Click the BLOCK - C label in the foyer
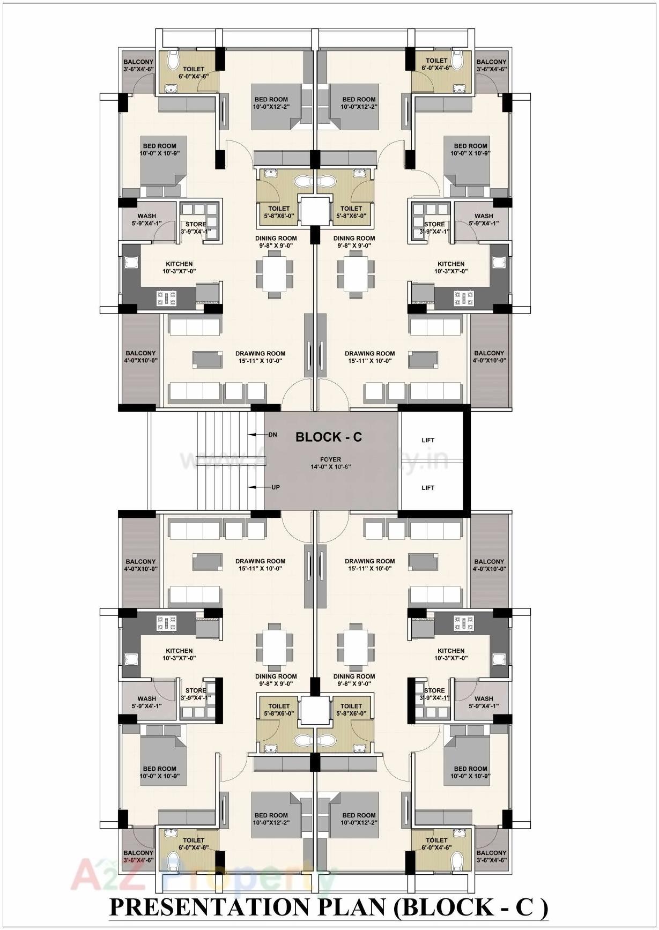click(x=328, y=437)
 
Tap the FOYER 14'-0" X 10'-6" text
click(x=330, y=463)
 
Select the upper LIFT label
click(x=428, y=440)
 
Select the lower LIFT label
click(x=428, y=488)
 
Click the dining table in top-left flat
click(x=275, y=274)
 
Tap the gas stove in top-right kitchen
click(x=463, y=298)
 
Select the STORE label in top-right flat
click(x=434, y=225)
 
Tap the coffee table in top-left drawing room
click(x=208, y=359)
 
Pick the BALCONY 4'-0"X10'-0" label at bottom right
click(x=488, y=565)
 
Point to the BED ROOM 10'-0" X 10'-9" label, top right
click(x=470, y=150)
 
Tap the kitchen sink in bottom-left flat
click(x=131, y=659)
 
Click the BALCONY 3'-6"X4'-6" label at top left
click(x=138, y=65)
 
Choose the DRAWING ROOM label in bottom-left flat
click(x=260, y=565)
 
